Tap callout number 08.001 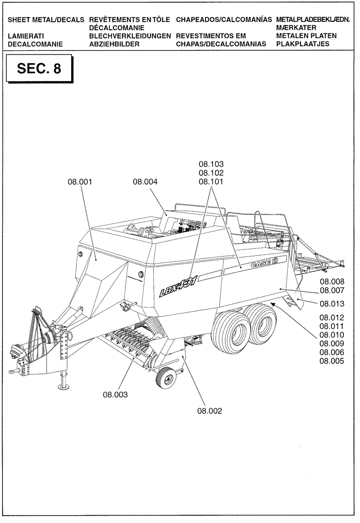pos(80,182)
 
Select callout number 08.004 pos(145,182)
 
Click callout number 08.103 pos(211,164)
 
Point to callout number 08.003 pos(115,394)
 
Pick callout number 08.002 pos(210,411)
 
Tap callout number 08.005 pos(331,361)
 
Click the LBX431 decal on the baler pos(178,288)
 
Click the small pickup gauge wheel pos(166,377)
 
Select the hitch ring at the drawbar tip pos(11,370)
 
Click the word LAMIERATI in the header pos(26,36)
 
